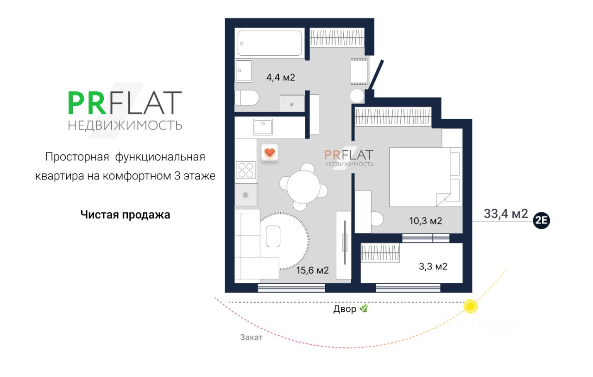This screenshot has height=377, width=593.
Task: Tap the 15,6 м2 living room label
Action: click(313, 270)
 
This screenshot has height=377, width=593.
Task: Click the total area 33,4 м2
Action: click(506, 214)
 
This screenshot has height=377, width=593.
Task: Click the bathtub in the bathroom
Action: click(270, 43)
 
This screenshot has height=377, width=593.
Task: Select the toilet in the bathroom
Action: click(246, 98)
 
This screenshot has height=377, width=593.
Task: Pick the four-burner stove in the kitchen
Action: click(246, 170)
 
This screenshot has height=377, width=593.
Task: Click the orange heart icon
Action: click(270, 153)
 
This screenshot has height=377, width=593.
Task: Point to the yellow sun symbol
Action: click(471, 307)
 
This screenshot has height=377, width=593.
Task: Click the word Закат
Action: click(251, 337)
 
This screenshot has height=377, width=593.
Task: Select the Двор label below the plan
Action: click(345, 309)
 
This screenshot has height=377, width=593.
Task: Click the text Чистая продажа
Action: click(125, 215)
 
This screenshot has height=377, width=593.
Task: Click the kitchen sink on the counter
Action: click(263, 127)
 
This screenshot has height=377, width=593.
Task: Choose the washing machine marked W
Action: click(292, 103)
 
